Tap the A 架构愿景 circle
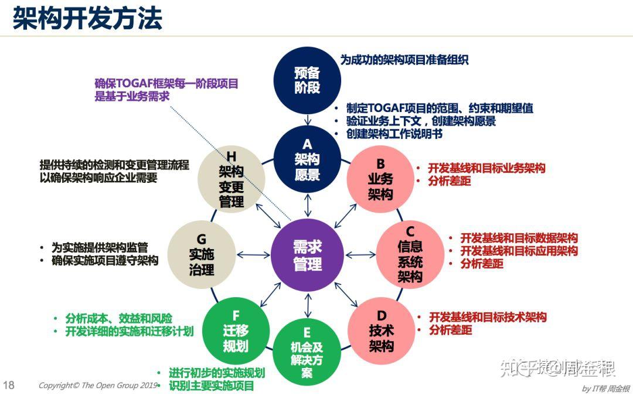click(307, 159)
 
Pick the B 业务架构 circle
click(380, 179)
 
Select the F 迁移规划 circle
click(236, 331)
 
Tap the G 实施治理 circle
click(201, 254)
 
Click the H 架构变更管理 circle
click(231, 179)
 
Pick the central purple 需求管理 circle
click(307, 256)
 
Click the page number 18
click(9, 386)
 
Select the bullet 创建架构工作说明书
click(394, 134)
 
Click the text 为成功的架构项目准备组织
click(404, 60)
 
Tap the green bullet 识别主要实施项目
click(211, 386)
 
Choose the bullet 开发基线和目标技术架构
click(488, 317)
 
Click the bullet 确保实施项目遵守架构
click(104, 261)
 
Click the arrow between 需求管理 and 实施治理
click(253, 255)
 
